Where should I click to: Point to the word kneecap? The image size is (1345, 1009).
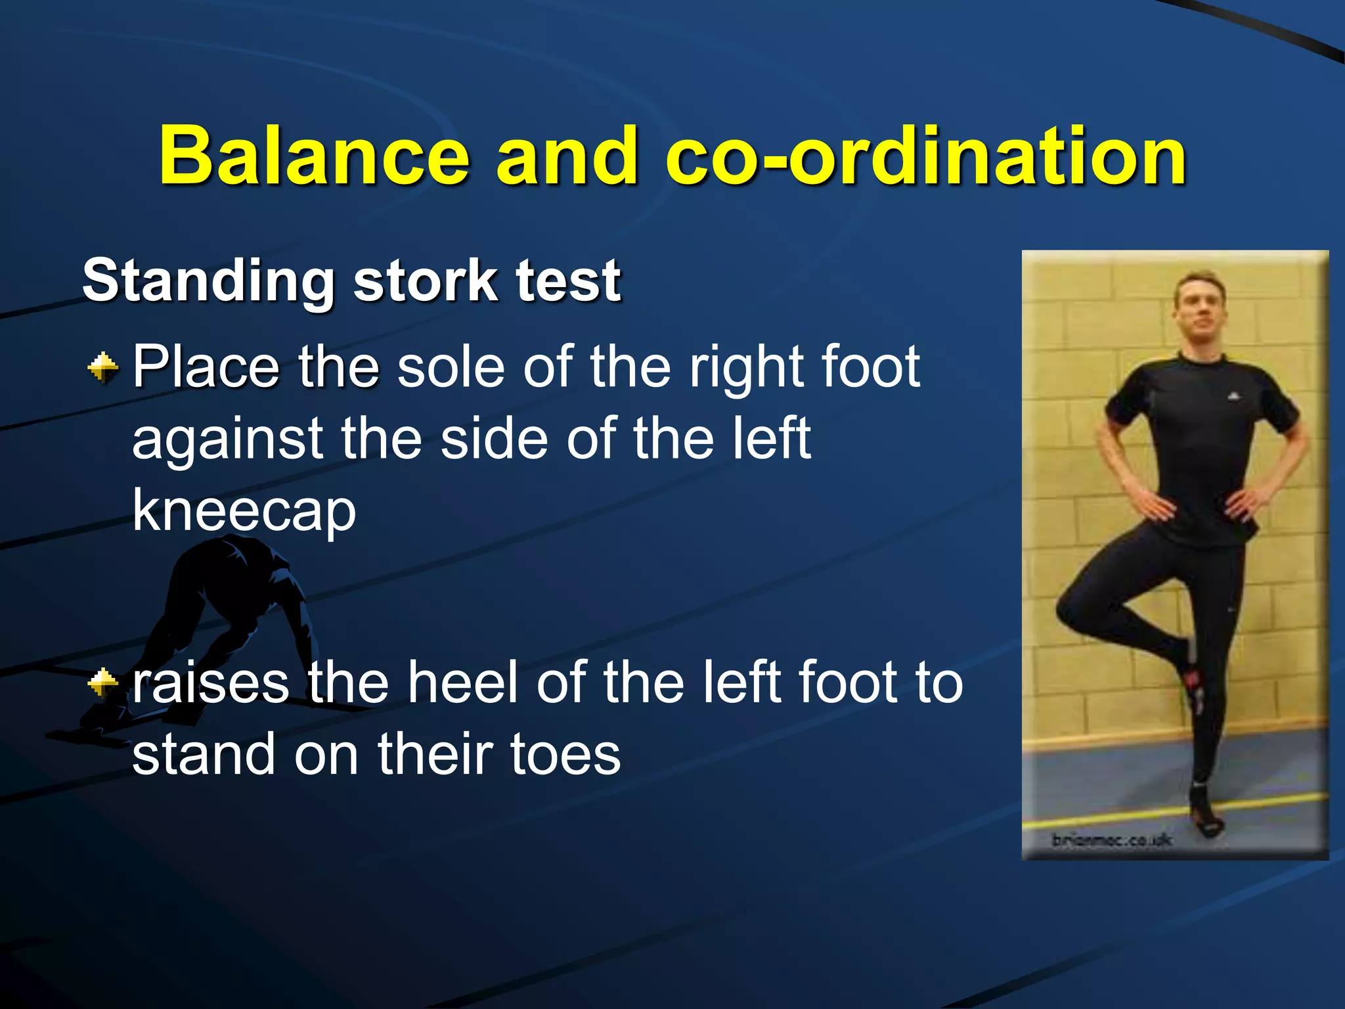pyautogui.click(x=244, y=511)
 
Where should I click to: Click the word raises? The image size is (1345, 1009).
pyautogui.click(x=211, y=683)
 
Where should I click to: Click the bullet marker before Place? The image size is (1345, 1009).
pyautogui.click(x=103, y=367)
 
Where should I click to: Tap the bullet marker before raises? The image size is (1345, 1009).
pyautogui.click(x=103, y=683)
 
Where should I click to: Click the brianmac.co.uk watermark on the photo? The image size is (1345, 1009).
pyautogui.click(x=1112, y=840)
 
